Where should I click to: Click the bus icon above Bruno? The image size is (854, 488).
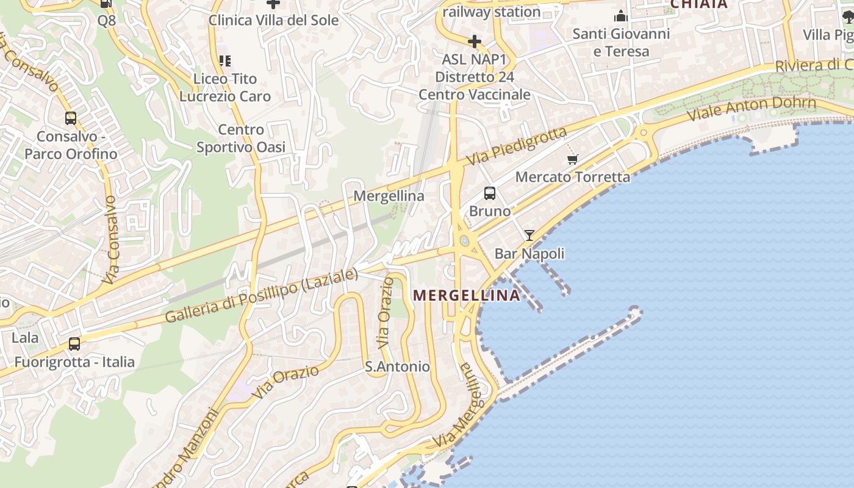[x=489, y=193]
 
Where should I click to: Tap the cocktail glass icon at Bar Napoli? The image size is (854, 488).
[x=529, y=235]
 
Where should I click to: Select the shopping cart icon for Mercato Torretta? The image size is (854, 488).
[x=572, y=160]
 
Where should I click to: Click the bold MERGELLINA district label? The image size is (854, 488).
[x=467, y=296]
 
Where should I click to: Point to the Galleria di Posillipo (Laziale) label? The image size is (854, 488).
[x=262, y=296]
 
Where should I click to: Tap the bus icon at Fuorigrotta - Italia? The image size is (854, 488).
[x=74, y=344]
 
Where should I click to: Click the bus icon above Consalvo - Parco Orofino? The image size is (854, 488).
[x=71, y=118]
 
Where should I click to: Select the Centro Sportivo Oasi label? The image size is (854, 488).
[x=240, y=138]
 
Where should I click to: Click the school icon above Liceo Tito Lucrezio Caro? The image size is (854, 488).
[x=224, y=60]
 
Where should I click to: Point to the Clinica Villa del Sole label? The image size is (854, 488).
[x=273, y=20]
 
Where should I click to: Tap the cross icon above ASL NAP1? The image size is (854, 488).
[x=474, y=41]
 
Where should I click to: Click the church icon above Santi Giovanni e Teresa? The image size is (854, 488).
[x=621, y=15]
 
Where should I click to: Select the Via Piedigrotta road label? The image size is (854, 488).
[x=517, y=146]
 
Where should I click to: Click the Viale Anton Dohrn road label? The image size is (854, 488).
[x=751, y=109]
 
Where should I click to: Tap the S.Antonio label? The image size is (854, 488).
[x=397, y=367]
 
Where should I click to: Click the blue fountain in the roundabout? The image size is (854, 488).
[x=465, y=242]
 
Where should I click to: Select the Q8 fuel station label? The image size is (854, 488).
[x=106, y=20]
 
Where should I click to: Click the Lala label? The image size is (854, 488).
[x=24, y=337]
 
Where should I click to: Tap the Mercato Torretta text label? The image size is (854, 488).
[x=573, y=177]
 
